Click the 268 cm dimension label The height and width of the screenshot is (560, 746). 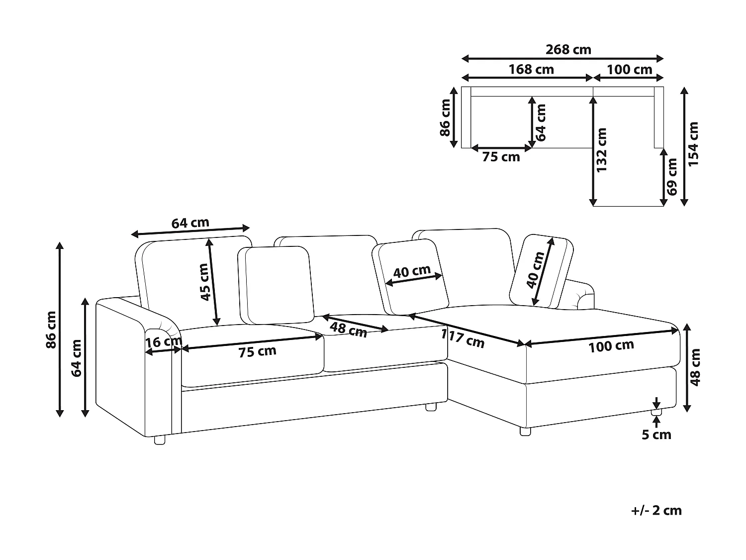coord(568,50)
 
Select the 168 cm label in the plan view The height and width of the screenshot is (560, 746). coord(531,69)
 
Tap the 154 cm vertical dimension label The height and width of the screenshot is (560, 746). coord(693,144)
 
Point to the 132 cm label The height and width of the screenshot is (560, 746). coord(601,150)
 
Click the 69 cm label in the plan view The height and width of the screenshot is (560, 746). coord(672,177)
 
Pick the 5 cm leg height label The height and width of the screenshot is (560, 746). coord(656,435)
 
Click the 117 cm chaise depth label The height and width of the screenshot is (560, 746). coord(463,339)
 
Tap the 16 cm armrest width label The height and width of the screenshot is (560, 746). coord(164,341)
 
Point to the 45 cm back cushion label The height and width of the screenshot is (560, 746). coord(204,282)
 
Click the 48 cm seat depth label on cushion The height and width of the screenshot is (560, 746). coord(348,330)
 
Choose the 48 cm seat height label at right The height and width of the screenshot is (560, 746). coord(695,367)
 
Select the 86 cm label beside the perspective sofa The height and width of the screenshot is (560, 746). coord(51,330)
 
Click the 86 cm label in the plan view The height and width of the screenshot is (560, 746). coord(445,117)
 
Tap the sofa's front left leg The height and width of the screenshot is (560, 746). coord(160,441)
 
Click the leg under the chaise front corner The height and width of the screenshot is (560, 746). coord(525,432)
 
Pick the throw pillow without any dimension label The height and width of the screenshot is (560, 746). coord(276,285)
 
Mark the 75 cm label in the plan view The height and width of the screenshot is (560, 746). coord(501,157)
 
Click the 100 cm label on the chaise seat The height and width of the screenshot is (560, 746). coord(611,346)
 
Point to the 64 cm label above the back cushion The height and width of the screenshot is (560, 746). coord(190,223)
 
